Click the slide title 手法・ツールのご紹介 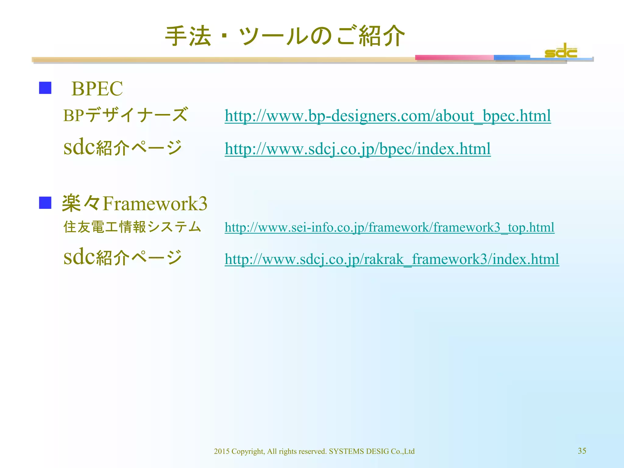click(x=285, y=36)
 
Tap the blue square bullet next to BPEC click(x=45, y=88)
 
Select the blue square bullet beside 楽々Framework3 click(x=45, y=203)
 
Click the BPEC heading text click(x=97, y=89)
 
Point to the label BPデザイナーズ click(x=125, y=115)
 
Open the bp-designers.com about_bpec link click(x=388, y=116)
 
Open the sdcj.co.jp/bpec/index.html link click(x=357, y=149)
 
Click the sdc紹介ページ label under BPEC click(x=122, y=147)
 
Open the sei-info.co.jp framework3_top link click(x=389, y=228)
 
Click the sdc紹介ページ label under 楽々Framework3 click(x=122, y=257)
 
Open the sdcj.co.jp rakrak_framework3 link click(x=392, y=259)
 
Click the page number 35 click(x=582, y=451)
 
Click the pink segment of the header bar click(x=454, y=58)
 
